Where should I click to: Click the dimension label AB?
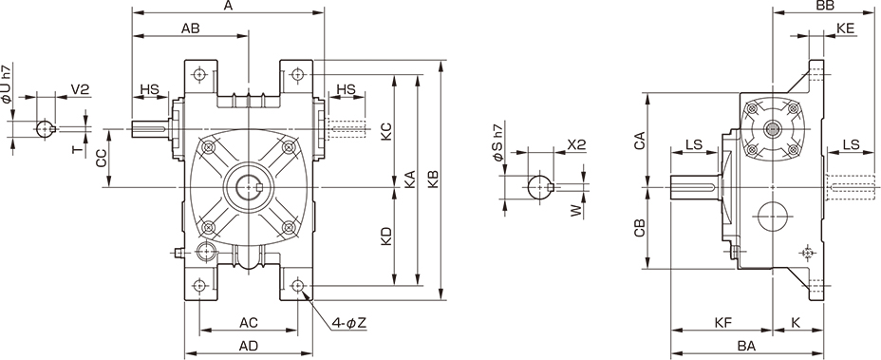click(191, 28)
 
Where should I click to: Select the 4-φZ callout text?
click(348, 323)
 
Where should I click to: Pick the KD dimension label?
click(386, 237)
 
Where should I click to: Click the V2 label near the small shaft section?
click(81, 89)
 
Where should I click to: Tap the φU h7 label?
click(7, 85)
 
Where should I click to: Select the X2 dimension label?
click(576, 144)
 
